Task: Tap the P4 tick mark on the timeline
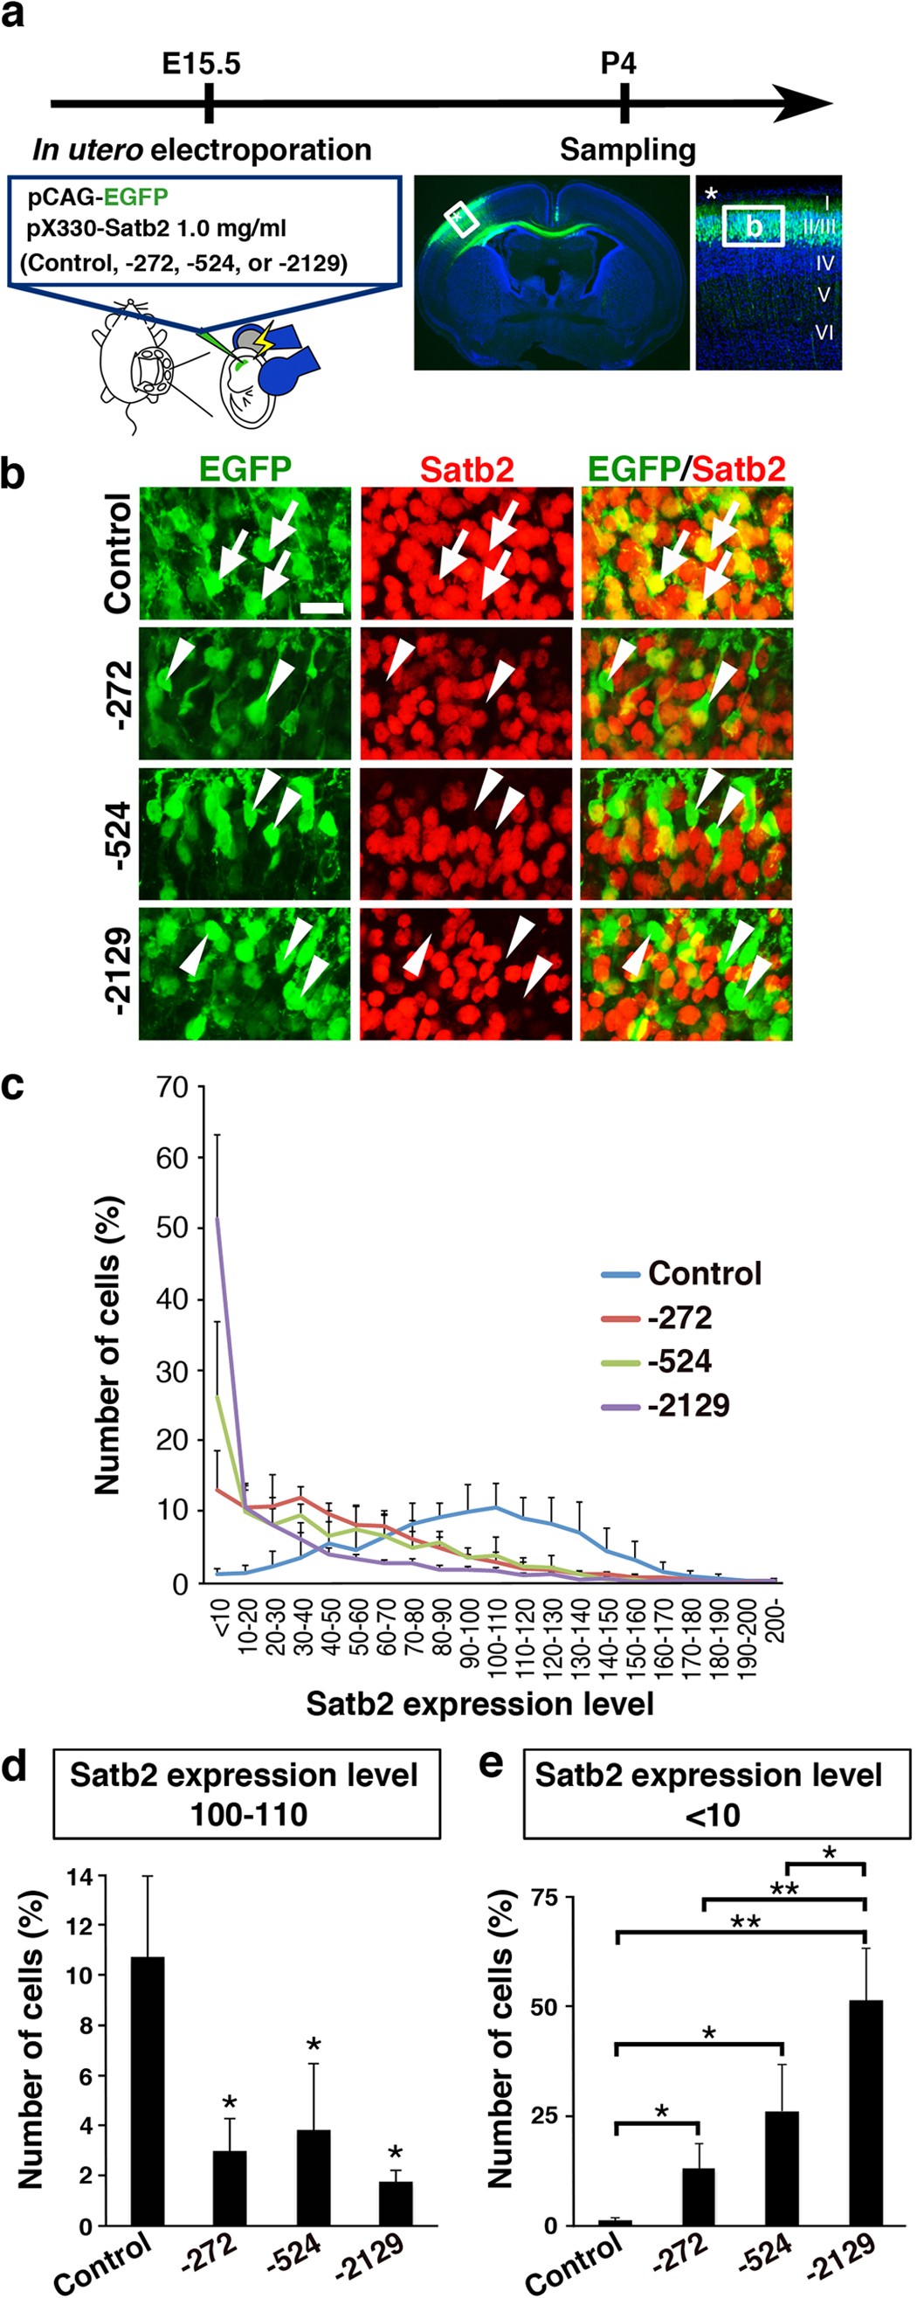tap(624, 102)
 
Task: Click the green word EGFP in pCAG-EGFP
tap(135, 197)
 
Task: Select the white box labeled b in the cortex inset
tap(753, 225)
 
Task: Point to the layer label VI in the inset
tap(824, 333)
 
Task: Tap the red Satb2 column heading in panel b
tap(466, 469)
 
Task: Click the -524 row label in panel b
tap(120, 834)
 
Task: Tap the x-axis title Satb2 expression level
tap(480, 1704)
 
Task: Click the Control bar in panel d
tap(148, 2092)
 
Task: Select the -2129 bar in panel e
tap(865, 2115)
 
